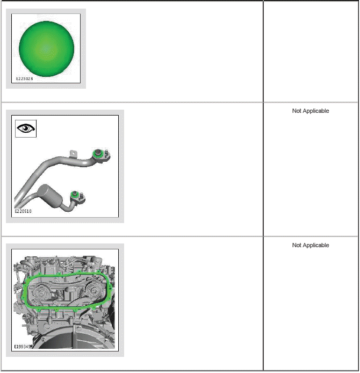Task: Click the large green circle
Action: click(x=46, y=49)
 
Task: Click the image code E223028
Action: click(x=25, y=79)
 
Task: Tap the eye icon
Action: click(x=26, y=128)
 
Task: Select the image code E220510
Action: click(x=23, y=211)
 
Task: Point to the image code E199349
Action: click(x=23, y=347)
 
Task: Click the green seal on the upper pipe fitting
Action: click(x=97, y=154)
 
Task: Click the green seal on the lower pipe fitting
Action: click(x=75, y=195)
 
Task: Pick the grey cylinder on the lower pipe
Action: click(x=50, y=196)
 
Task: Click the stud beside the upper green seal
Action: click(x=106, y=152)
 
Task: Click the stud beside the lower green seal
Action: click(x=82, y=196)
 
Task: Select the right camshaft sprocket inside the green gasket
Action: click(x=93, y=290)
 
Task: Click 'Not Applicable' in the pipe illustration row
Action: click(x=311, y=111)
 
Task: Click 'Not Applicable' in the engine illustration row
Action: click(x=311, y=245)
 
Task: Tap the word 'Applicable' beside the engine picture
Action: click(x=316, y=245)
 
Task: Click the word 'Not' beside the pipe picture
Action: click(x=297, y=111)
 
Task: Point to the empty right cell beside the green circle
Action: click(x=311, y=52)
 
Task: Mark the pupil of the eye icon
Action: click(x=25, y=128)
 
